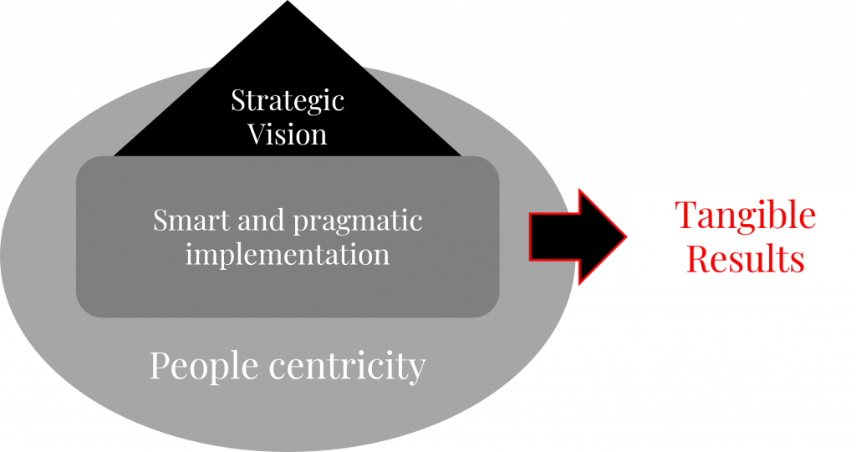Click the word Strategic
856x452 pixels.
288,101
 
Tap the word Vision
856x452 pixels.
288,134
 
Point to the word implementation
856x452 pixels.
288,253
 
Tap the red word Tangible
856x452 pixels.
745,216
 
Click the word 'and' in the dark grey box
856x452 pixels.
258,221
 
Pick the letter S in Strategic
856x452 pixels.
237,101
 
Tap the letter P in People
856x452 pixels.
160,365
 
